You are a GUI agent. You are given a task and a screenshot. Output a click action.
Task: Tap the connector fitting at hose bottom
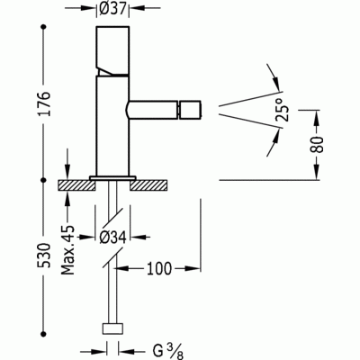click(x=112, y=329)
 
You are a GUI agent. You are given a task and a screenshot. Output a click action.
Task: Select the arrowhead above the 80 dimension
click(x=317, y=117)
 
